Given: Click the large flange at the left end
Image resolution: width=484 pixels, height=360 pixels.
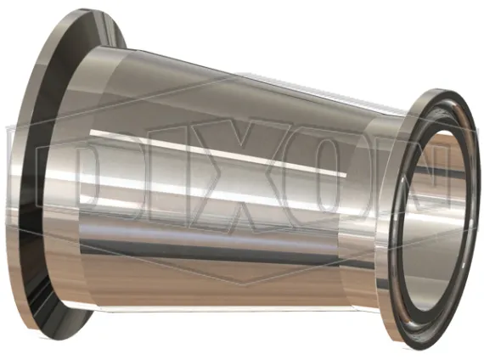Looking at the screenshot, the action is tap(47, 173).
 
